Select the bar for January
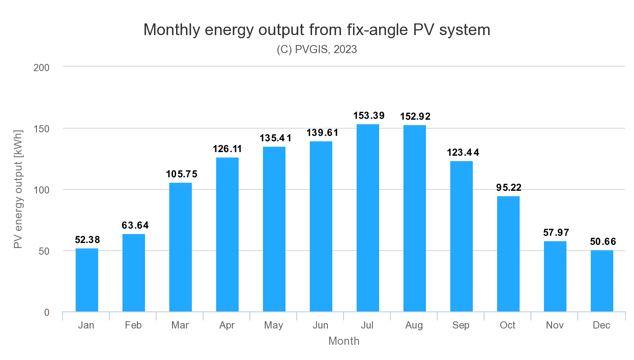pos(87,280)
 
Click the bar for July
pos(368,218)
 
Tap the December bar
pos(602,281)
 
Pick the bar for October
pos(508,254)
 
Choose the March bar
pos(181,247)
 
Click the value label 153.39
pos(368,116)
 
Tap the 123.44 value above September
pos(463,153)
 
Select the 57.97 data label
pos(556,233)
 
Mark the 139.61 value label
pos(322,133)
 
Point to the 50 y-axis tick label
pos(44,251)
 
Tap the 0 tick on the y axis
pos(47,312)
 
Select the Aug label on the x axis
pos(414,325)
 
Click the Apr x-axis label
pos(227,325)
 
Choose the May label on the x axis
pos(274,325)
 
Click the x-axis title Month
pos(344,341)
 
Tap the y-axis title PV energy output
pos(18,189)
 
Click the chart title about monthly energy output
pos(317,30)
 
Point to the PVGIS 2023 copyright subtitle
pos(317,49)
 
